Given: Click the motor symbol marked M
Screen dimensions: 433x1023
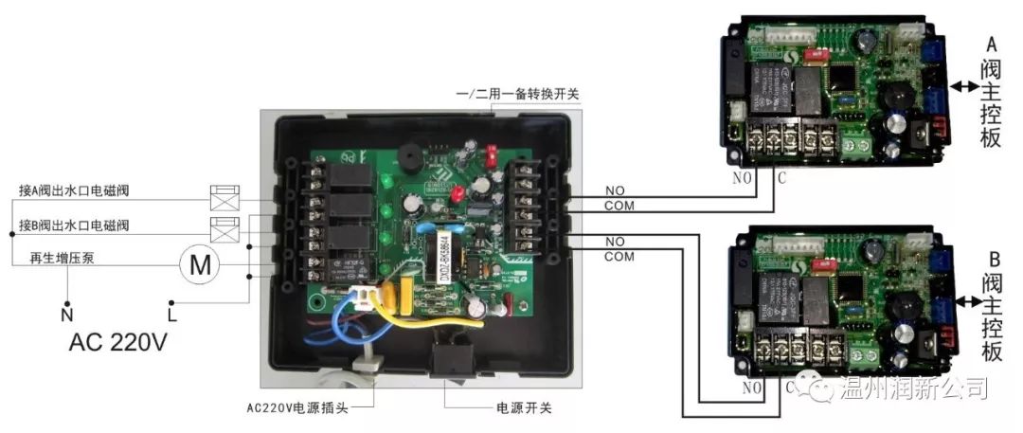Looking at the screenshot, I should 201,264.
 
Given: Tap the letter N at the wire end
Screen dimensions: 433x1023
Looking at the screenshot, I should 66,311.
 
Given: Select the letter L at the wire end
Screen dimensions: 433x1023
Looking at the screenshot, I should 171,311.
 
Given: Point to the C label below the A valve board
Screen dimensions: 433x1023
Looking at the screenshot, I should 781,177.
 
